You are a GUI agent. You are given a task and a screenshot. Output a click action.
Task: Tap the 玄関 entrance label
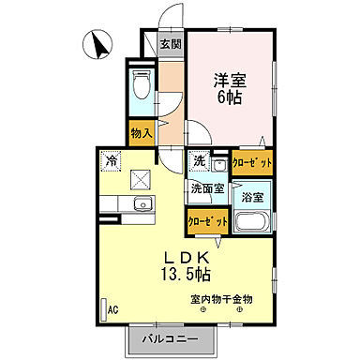point(170,44)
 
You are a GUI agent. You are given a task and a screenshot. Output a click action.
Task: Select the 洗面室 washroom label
point(207,188)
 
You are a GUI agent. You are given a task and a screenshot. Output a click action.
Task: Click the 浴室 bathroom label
point(251,198)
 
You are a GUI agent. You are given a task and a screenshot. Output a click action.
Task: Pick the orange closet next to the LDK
point(206,221)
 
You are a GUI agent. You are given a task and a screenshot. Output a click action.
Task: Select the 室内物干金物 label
point(221,299)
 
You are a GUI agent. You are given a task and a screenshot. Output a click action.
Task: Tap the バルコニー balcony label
point(169,338)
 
